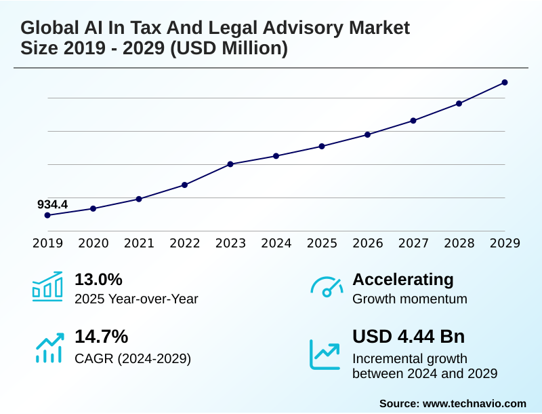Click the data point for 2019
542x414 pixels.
pos(47,215)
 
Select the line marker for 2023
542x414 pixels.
pos(230,164)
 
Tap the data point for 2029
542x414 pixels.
pos(505,83)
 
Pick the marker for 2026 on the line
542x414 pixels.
pos(367,134)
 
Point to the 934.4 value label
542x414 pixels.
pos(52,204)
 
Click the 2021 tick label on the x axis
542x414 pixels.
pos(139,244)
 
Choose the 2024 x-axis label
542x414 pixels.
pos(276,244)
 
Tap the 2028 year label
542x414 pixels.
pos(459,244)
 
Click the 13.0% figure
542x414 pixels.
pos(98,279)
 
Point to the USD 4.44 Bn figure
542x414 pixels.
pos(409,337)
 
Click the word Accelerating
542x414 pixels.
pos(403,279)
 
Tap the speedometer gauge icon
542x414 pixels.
pos(326,287)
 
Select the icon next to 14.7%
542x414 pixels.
pos(49,347)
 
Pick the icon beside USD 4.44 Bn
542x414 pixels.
pos(325,354)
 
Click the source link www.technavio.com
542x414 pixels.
pos(474,403)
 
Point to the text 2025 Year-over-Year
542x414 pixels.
pos(136,299)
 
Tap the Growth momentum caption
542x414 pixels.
pos(410,299)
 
